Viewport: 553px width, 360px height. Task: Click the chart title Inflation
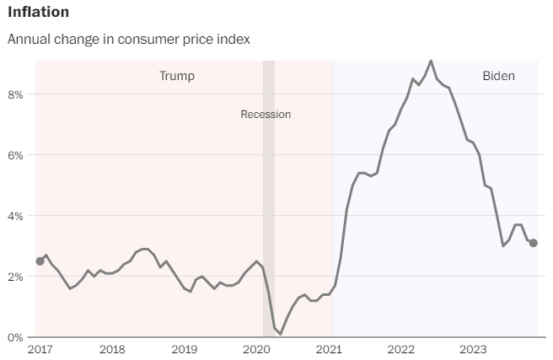[38, 13]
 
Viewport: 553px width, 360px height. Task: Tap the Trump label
[177, 76]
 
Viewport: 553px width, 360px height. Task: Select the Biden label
[498, 76]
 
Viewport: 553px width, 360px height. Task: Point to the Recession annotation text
[266, 115]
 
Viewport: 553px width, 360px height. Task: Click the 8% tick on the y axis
[14, 94]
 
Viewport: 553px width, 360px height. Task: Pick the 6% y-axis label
[14, 155]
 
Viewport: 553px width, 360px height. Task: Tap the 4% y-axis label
[14, 216]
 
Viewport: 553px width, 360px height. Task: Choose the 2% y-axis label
[14, 277]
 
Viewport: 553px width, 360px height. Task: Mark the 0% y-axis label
[14, 337]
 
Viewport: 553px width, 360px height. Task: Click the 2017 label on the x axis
[40, 349]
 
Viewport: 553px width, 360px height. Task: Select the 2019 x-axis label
[184, 349]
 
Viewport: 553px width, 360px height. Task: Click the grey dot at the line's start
[40, 261]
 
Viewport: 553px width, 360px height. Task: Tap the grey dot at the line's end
[534, 243]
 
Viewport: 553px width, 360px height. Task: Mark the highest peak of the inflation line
[431, 61]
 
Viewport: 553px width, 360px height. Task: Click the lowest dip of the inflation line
[281, 334]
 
